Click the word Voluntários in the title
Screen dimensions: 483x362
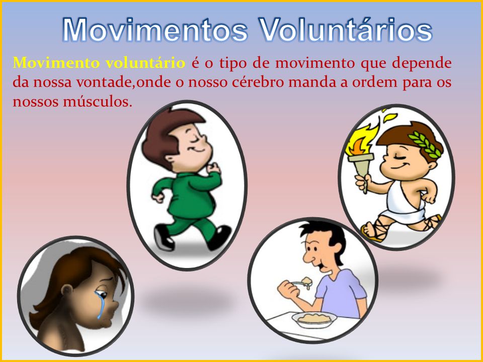(x=345, y=29)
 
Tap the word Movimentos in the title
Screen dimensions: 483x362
(x=155, y=29)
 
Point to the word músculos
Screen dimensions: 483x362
(x=98, y=102)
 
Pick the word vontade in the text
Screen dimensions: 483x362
(x=104, y=82)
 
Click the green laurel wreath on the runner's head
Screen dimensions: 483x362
(x=426, y=143)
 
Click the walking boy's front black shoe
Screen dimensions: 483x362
(x=220, y=237)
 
